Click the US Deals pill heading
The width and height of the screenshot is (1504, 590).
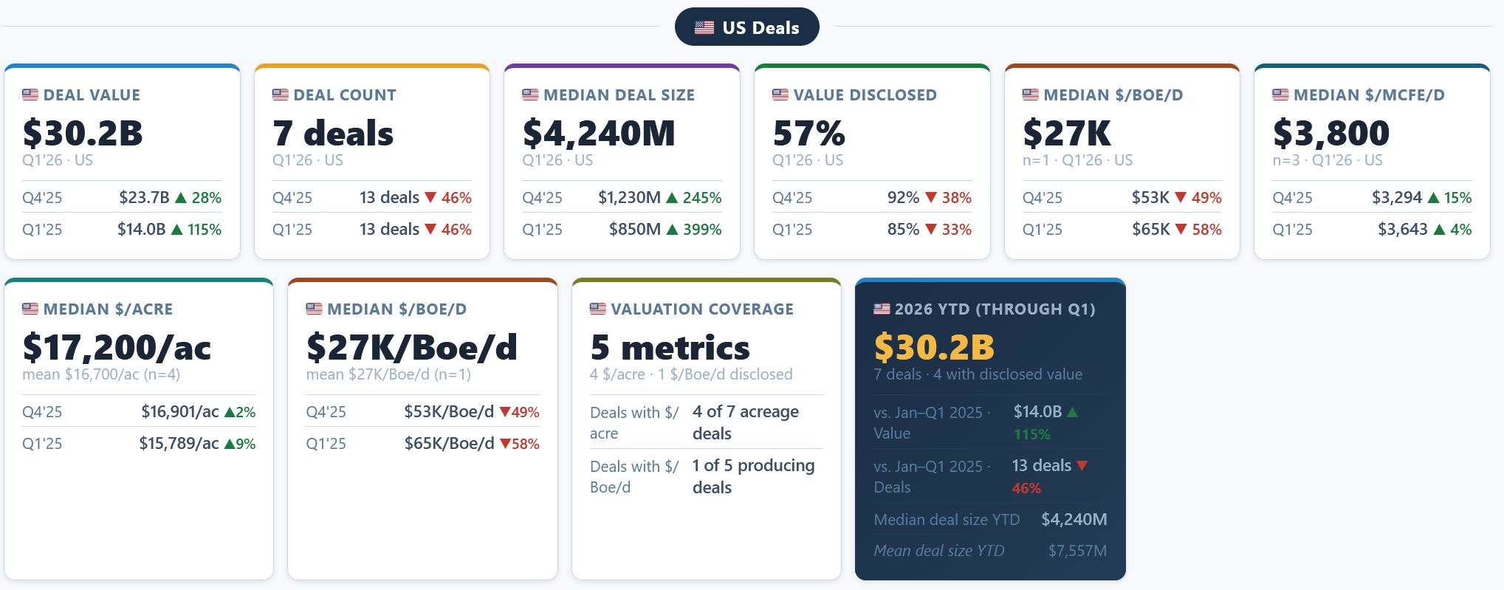[x=746, y=27]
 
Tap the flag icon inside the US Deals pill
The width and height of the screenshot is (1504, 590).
[x=704, y=28]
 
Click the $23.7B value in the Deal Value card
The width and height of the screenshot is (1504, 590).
[x=145, y=198]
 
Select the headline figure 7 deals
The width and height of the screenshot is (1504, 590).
[x=333, y=133]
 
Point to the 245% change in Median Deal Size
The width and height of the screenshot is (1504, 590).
[x=702, y=198]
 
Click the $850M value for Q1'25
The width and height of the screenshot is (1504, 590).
[x=635, y=230]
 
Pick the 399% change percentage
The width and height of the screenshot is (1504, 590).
[x=702, y=230]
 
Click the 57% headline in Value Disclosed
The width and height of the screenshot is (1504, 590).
[x=808, y=133]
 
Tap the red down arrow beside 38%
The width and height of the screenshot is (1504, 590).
[x=931, y=198]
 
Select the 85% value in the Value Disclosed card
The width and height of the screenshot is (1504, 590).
[x=903, y=230]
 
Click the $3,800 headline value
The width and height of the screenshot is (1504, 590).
[x=1331, y=133]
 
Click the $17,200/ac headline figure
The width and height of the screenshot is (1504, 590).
[x=117, y=347]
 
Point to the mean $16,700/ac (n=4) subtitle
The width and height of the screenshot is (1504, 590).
[x=101, y=374]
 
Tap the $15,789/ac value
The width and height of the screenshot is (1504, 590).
[x=179, y=444]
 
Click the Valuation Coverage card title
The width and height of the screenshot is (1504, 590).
[x=702, y=309]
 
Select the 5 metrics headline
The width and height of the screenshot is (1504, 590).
[x=670, y=347]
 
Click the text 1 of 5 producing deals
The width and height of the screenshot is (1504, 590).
[x=754, y=476]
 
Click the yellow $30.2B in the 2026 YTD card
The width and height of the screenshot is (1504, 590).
[x=934, y=347]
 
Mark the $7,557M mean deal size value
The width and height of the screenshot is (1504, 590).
[x=1077, y=551]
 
